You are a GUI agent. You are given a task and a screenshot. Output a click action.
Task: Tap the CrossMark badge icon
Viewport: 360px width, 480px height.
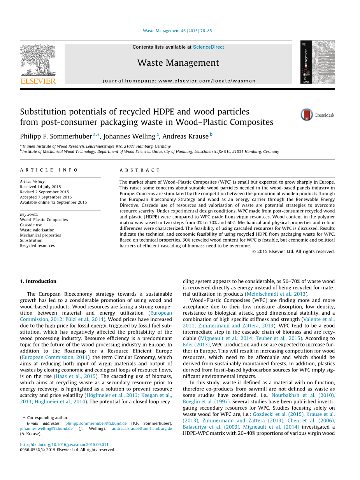coord(307,115)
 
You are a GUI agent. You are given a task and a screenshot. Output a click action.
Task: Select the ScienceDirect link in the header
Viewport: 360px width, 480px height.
coord(208,47)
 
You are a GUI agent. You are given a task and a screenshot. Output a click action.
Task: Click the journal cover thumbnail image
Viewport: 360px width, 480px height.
coord(317,62)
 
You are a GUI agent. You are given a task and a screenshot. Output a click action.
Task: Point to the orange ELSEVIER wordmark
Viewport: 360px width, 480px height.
coord(38,81)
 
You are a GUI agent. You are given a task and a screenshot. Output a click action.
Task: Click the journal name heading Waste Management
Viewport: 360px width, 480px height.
coord(178,63)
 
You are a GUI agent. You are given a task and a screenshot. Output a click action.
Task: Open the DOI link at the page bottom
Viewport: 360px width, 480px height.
coord(64,445)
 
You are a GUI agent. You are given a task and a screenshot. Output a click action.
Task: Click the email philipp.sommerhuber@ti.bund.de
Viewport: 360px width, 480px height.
coord(96,423)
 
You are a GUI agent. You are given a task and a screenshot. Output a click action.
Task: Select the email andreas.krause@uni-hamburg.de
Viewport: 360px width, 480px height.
coord(142,428)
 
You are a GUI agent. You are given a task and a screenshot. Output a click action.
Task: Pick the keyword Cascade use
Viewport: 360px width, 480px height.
coord(31,225)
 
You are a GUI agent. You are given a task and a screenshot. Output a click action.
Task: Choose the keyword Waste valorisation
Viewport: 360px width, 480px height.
coord(37,230)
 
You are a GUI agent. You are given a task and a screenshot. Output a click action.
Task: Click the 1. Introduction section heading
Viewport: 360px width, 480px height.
coord(38,281)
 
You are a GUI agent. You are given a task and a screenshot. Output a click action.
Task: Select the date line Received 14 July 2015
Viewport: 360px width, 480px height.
coord(40,187)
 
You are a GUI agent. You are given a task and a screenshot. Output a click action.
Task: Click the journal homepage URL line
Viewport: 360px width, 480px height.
coord(179,81)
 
